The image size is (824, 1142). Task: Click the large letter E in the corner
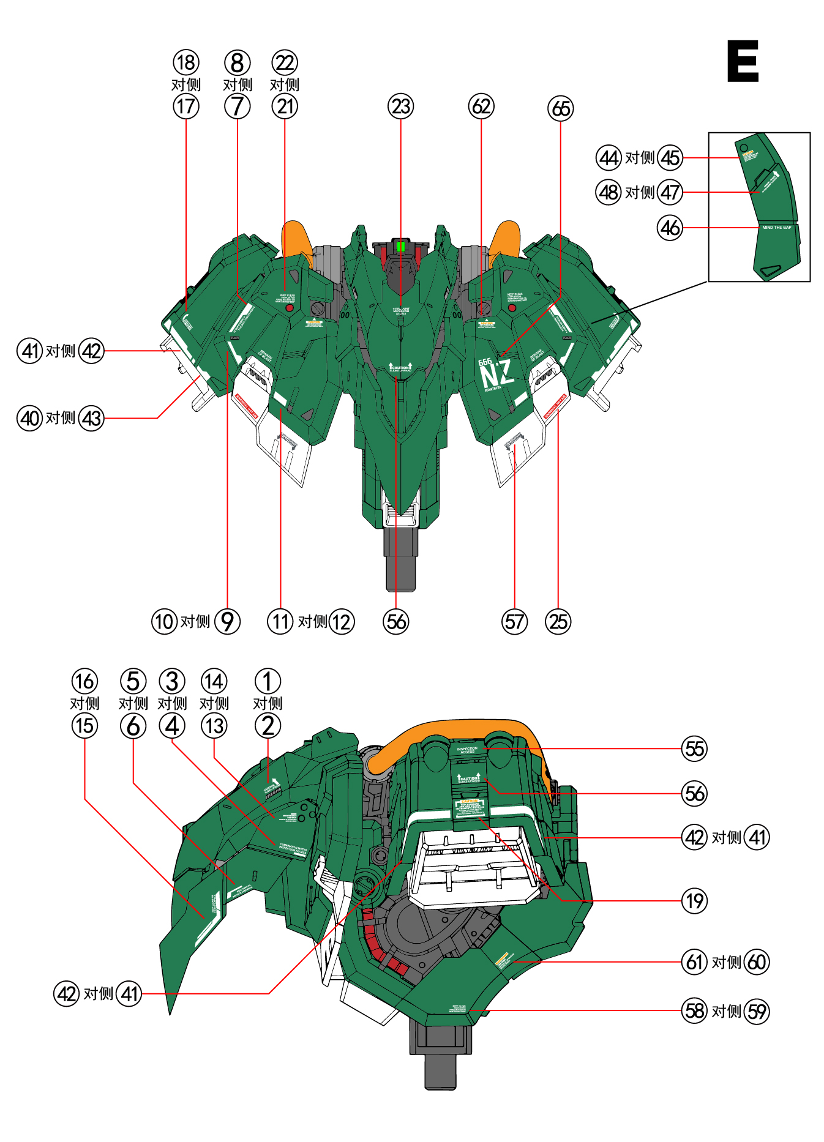(x=743, y=61)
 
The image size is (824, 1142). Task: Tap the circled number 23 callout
(x=401, y=106)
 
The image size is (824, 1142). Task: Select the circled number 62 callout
(x=481, y=106)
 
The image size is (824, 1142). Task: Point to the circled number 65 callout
(x=561, y=109)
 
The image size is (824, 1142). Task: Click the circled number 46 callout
(x=670, y=228)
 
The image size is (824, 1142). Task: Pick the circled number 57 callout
(x=515, y=622)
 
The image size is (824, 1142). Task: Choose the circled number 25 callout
(x=558, y=622)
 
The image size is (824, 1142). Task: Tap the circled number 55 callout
(x=695, y=749)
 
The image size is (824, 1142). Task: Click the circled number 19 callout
(x=695, y=901)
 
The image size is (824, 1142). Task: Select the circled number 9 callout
(x=227, y=622)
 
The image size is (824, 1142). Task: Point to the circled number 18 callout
(x=186, y=62)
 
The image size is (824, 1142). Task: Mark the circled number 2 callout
(x=268, y=726)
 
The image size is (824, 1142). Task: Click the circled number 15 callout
(x=84, y=726)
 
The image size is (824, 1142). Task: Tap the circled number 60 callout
(x=757, y=962)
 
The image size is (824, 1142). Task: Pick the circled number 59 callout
(x=757, y=1011)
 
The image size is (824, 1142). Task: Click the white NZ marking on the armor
(x=496, y=375)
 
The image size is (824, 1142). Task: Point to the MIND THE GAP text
(x=776, y=228)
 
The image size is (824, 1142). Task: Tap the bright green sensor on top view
(x=400, y=247)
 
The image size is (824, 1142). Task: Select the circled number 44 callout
(x=609, y=158)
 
